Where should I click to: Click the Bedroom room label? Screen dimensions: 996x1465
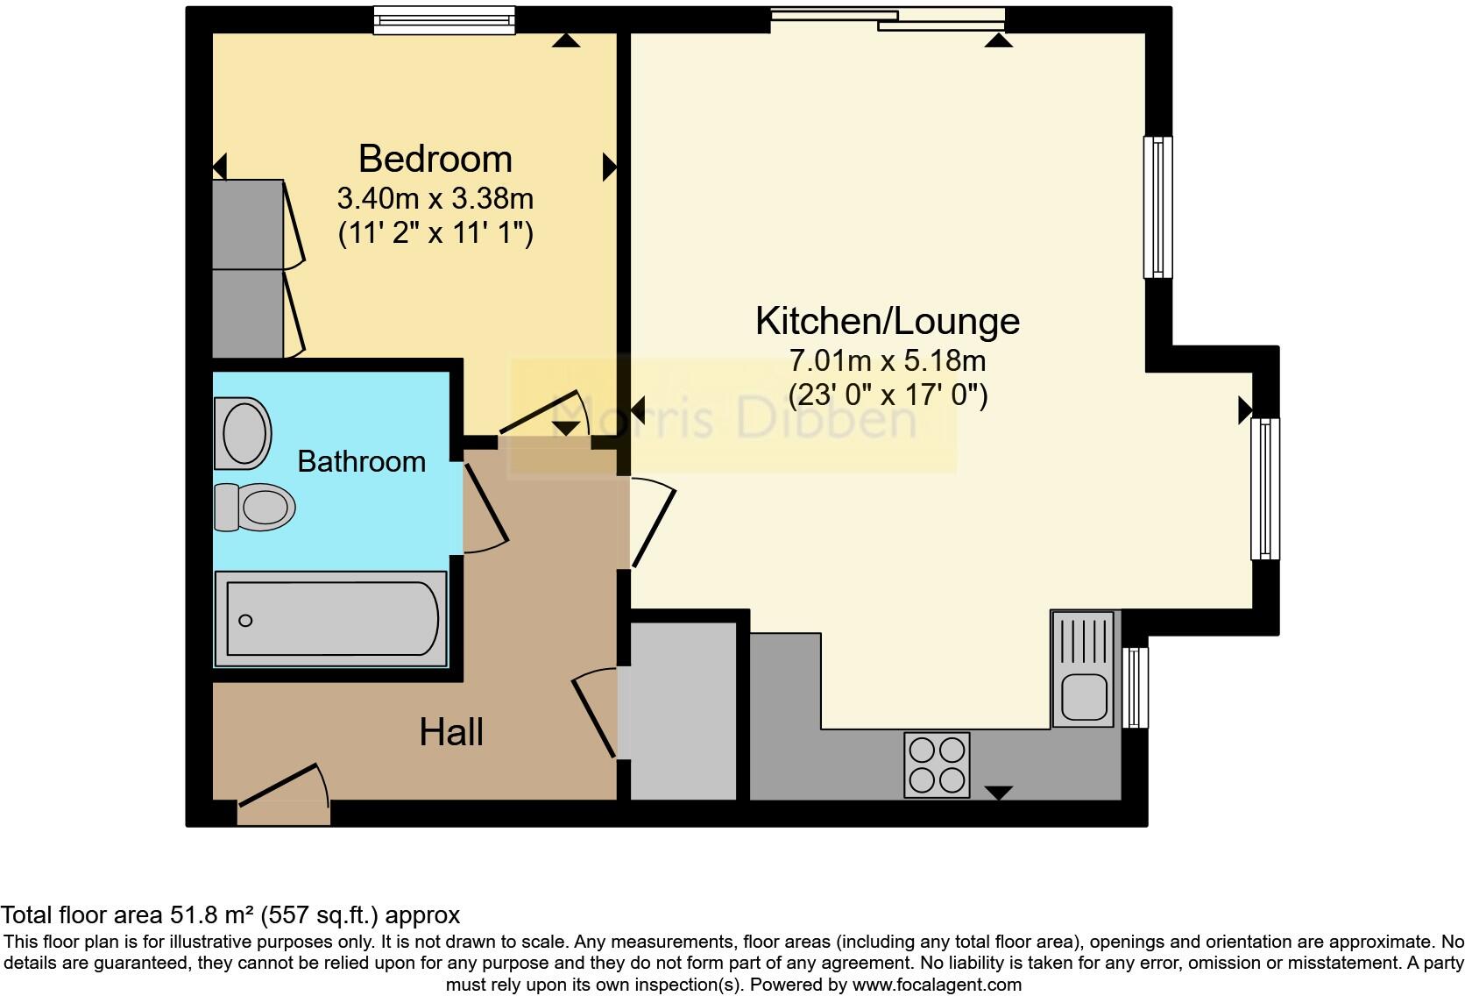[435, 160]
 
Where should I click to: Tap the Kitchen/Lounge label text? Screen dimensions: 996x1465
[887, 322]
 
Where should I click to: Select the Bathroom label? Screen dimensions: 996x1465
[361, 462]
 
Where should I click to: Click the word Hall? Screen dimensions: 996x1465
[450, 732]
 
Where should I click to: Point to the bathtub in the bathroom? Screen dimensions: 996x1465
[331, 619]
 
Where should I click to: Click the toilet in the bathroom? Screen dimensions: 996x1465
[255, 507]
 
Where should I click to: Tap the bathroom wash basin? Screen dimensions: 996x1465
[243, 433]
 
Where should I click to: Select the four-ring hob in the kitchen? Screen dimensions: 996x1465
[937, 765]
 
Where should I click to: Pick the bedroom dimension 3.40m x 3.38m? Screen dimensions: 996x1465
[435, 199]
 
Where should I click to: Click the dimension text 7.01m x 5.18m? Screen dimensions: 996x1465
[887, 360]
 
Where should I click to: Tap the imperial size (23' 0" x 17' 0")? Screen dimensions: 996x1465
[887, 395]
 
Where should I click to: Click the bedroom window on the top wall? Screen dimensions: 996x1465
[443, 19]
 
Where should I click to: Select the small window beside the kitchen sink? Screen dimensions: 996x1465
[1136, 687]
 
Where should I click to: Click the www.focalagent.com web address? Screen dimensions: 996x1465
[937, 985]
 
